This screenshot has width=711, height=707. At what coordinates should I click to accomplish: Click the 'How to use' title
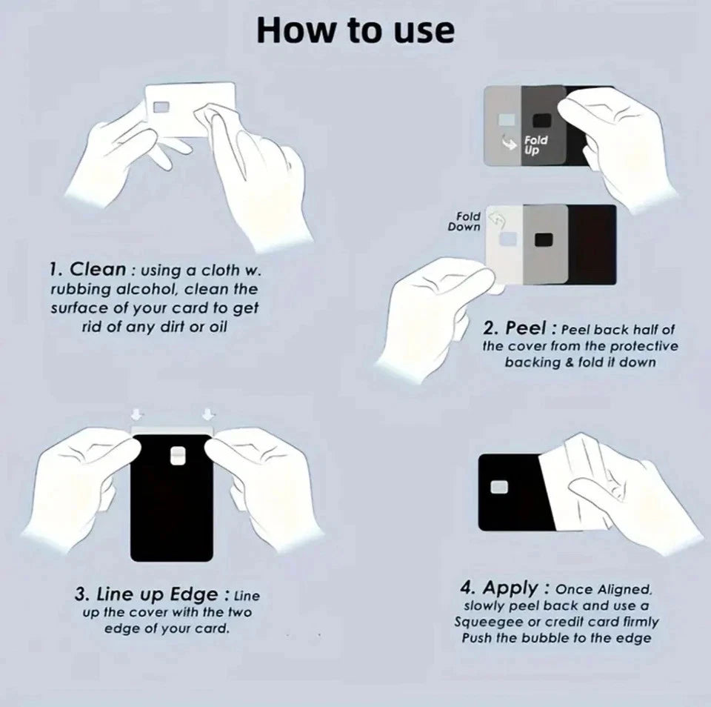pos(355,31)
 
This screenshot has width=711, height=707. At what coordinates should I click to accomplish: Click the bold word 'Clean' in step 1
pos(98,269)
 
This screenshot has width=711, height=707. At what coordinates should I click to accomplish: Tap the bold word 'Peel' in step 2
pos(526,328)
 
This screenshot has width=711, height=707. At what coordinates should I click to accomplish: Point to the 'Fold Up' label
pos(536,145)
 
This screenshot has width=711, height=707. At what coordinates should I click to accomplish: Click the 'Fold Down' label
pos(464,222)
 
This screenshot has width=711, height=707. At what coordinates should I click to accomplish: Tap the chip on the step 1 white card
pos(161,107)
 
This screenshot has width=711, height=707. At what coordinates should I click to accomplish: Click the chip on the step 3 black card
pos(177,456)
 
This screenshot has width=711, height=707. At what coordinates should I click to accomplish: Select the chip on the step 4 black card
pos(499,487)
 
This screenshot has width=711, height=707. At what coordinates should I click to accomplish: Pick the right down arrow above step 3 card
pos(207,415)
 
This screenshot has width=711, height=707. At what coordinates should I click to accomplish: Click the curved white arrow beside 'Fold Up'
pos(510,142)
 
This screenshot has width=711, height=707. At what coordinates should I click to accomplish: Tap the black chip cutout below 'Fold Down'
pos(543,239)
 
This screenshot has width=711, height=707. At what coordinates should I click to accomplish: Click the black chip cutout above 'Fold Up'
pos(541,120)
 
